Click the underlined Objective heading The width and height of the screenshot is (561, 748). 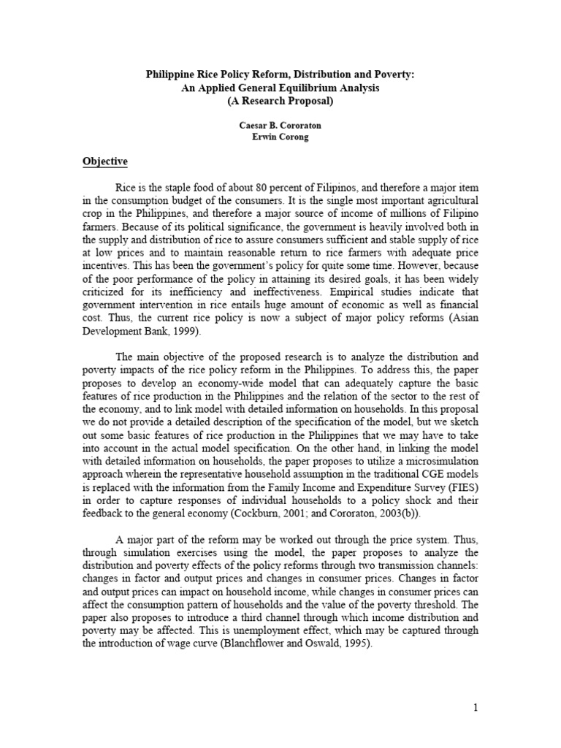pos(104,161)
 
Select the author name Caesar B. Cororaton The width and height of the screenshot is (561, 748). pos(280,126)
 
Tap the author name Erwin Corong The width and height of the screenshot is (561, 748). pos(280,137)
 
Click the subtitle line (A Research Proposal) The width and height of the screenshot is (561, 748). pos(280,102)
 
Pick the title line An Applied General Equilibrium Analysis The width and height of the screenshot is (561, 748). pos(280,88)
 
